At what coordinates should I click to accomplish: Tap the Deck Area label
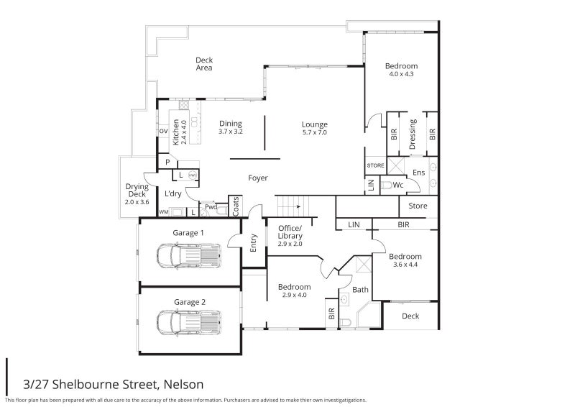(x=205, y=64)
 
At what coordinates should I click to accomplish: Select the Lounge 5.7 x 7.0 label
(x=314, y=128)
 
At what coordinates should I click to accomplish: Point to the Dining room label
(x=230, y=127)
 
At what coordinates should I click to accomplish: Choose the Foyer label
(x=258, y=178)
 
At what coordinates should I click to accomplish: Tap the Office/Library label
(x=290, y=236)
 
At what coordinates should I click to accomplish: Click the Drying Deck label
(x=137, y=194)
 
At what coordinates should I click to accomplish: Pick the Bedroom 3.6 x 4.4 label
(x=405, y=260)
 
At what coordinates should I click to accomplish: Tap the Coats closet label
(x=235, y=206)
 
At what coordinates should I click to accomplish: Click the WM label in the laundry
(x=163, y=212)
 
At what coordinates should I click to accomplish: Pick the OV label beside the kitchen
(x=163, y=131)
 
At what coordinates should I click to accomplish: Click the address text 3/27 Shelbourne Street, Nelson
(x=113, y=384)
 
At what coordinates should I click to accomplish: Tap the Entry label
(x=253, y=244)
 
